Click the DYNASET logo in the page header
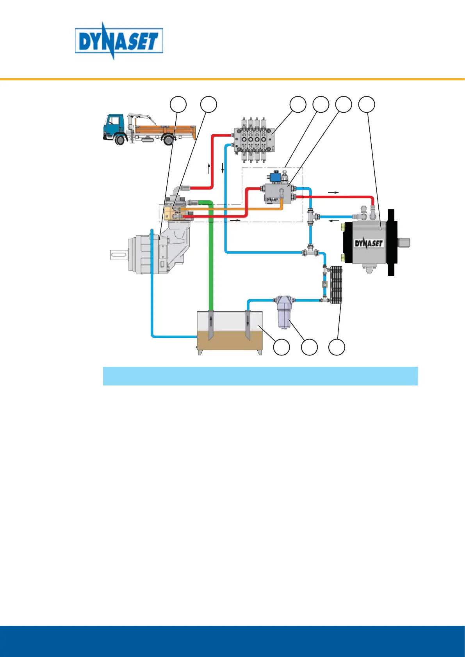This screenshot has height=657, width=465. (119, 41)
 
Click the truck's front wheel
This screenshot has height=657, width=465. (120, 139)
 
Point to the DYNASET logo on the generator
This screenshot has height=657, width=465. (369, 243)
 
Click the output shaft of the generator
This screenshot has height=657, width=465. (405, 243)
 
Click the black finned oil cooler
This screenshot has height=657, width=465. (336, 285)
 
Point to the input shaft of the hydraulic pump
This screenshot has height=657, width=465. (119, 255)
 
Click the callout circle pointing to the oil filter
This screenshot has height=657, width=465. (309, 347)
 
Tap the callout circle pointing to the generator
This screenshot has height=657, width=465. (367, 104)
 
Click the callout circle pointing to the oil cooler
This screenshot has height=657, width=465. (337, 347)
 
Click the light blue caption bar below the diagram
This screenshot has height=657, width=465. (260, 376)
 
